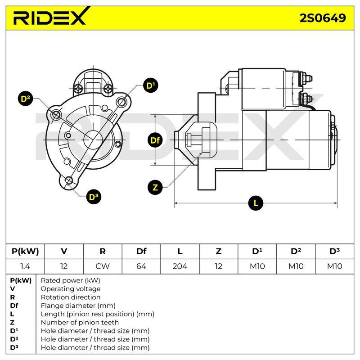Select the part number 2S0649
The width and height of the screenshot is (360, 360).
pos(323,18)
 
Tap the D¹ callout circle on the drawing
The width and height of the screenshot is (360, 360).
pos(151,85)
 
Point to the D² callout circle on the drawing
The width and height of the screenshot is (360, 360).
pos(26,99)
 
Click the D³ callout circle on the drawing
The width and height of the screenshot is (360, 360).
pos(94,197)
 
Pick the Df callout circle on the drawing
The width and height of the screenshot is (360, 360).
pos(155,140)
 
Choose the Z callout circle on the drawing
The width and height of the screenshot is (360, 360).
pos(155,188)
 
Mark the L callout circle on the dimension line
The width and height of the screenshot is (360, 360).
pos(256,203)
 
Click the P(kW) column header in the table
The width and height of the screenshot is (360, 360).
pos(25,252)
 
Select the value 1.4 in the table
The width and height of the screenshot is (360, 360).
pos(25,266)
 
